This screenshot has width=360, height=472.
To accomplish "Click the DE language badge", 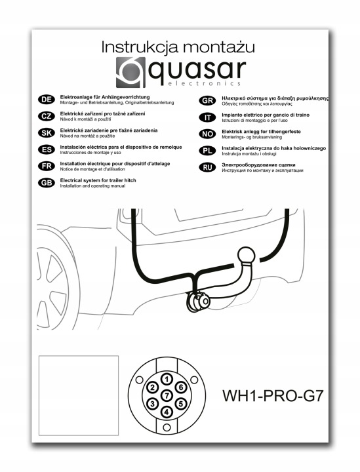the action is pos(47,100).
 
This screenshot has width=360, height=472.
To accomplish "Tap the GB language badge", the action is pos(47,183).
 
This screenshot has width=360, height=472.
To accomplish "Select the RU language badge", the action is pos(207,167).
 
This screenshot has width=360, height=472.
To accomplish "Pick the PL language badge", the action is pos(207,151).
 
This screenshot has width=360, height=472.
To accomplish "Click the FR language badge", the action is pos(47,166).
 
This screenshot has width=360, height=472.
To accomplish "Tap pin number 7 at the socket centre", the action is pos(167,395).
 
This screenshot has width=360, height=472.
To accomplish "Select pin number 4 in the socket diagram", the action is pos(167,412).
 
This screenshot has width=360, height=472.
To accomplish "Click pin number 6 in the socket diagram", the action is pos(181,387).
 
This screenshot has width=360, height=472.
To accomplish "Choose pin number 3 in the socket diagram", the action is pos(153,404).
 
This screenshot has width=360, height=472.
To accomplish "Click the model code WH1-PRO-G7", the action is pos(273,395).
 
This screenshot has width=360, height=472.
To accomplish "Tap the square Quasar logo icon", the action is pos(130,72).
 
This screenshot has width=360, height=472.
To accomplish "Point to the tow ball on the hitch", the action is pos(247,256).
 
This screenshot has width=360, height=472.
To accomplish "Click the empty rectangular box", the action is pos(79,395).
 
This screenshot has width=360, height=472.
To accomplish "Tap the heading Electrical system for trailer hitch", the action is pos(98,180).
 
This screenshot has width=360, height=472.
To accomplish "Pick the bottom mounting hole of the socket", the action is pos(167,427).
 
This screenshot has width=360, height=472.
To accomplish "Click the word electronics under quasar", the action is pos(205,83).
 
